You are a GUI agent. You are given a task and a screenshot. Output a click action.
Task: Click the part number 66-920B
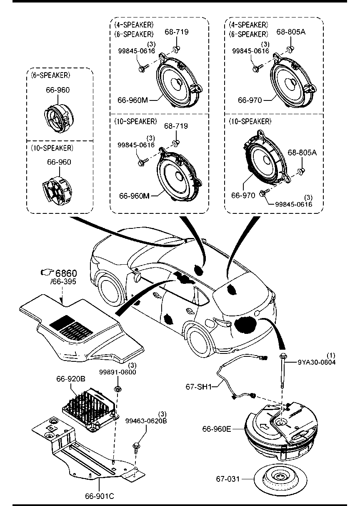[71, 379]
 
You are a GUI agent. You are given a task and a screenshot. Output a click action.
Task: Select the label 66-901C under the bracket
[99, 496]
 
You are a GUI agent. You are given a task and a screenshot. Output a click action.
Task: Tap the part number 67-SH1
[198, 387]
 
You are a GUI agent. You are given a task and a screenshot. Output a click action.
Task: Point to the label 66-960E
[217, 429]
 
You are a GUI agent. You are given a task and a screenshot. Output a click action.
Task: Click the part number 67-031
[227, 479]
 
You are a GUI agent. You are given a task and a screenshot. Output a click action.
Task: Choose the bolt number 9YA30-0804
[317, 362]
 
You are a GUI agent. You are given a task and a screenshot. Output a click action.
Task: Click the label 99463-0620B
[146, 421]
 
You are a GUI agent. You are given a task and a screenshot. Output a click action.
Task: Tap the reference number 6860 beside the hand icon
[66, 273]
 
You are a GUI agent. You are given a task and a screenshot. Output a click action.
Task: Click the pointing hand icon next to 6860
[47, 273]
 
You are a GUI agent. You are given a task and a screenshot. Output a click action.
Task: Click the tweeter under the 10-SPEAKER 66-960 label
[57, 189]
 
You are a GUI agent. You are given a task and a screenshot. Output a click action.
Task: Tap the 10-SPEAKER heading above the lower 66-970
[250, 122]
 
